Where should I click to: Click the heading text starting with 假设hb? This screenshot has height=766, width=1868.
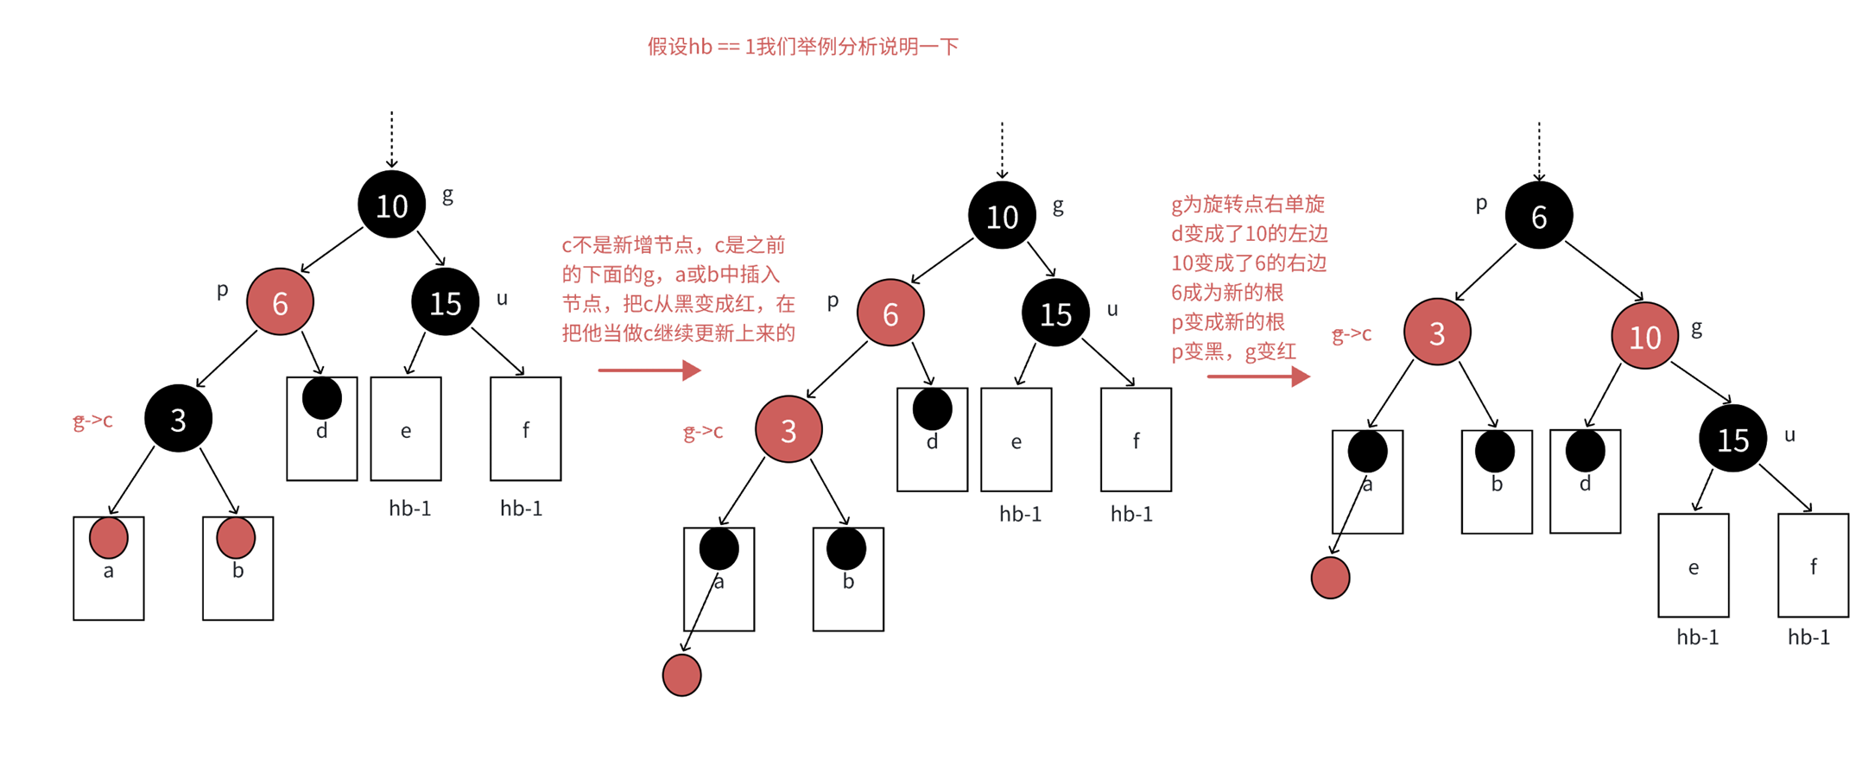click(x=802, y=47)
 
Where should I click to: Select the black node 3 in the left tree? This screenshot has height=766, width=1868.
click(x=178, y=419)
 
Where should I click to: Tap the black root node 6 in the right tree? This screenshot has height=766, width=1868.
click(x=1538, y=216)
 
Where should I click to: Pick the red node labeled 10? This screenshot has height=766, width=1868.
click(x=1644, y=336)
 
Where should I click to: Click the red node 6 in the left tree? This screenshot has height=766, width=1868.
click(x=280, y=302)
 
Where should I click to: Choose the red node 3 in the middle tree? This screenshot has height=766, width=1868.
click(x=788, y=429)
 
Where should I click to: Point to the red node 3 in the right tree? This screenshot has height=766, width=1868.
click(x=1437, y=332)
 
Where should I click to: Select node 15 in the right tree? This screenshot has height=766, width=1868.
click(x=1732, y=439)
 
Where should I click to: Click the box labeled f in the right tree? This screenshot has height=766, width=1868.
click(x=1813, y=566)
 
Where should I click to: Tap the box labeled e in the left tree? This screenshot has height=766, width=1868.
click(x=406, y=429)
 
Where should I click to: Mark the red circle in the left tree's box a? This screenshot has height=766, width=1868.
click(x=109, y=537)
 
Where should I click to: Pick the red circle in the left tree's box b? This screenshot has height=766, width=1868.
click(x=236, y=537)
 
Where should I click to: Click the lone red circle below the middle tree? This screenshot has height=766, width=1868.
click(x=681, y=675)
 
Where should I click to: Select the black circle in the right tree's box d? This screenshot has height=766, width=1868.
click(x=1585, y=451)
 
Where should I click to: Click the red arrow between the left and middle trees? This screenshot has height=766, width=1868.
click(x=649, y=370)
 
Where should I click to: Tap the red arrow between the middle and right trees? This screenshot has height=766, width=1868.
click(x=1257, y=377)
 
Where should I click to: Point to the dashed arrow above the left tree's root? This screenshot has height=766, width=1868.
click(x=392, y=138)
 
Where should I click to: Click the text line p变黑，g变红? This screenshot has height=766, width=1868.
click(x=1233, y=351)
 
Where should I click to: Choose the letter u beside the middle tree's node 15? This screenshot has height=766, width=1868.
click(x=1112, y=309)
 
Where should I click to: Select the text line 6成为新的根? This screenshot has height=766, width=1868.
click(x=1227, y=293)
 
